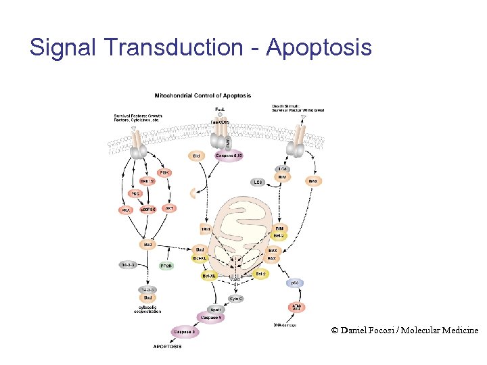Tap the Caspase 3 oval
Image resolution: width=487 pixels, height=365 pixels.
pos(183,331)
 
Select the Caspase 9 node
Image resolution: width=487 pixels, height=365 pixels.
pos(212,316)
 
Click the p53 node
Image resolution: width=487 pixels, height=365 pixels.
pos(295,283)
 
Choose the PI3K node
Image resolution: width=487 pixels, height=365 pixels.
pos(164,173)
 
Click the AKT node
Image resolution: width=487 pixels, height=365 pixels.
pos(170,208)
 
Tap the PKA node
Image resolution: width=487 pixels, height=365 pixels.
pos(126,210)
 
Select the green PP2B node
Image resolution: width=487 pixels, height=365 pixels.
pos(166,266)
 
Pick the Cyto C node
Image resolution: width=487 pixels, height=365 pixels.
pos(236,298)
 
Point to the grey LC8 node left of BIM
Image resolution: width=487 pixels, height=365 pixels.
pos(257,182)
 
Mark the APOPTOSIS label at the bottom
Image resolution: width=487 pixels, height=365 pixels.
pos(168,347)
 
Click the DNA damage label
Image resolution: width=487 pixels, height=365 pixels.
pos(285,325)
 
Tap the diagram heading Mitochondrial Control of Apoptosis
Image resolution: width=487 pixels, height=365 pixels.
pos(203,95)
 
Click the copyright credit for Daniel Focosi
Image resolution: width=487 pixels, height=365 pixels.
pos(404,330)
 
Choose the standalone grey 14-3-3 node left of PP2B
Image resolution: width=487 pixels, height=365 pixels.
pos(129,264)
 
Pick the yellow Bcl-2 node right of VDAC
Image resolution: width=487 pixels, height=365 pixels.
pos(261,273)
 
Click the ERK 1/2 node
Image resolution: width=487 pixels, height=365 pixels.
pos(147,180)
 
